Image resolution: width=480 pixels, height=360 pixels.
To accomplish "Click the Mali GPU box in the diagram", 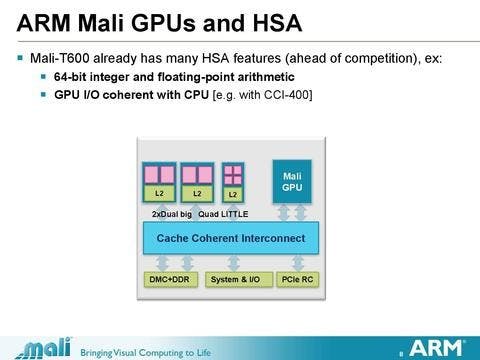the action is (292, 182).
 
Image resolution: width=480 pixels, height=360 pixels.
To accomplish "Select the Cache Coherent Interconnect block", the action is (231, 238).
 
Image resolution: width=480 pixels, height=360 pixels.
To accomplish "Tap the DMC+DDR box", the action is (170, 279).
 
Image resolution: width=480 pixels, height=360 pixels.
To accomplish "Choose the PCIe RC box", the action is (297, 279).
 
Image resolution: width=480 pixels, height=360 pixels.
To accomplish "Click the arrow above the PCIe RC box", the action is (298, 263).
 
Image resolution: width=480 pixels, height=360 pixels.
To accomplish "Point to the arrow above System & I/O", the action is (233, 263).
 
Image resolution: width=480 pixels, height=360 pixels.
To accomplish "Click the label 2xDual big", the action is (172, 214).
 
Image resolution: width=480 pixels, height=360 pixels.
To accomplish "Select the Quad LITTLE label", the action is (223, 214).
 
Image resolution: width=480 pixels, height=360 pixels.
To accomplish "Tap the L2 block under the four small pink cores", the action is (233, 194).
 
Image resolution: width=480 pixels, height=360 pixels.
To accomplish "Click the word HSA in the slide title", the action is (277, 23).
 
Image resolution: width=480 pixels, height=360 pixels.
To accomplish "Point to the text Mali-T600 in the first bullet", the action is (60, 58).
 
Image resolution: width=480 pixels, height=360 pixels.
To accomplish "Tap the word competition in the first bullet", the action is (381, 59).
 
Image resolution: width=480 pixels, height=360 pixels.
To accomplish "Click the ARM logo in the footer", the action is (436, 348).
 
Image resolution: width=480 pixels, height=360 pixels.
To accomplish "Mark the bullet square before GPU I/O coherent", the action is (43, 94).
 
